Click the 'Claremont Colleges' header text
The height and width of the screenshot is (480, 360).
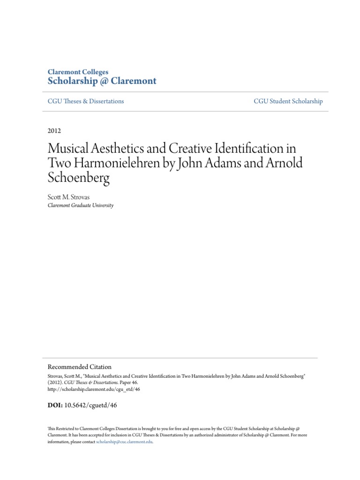pyautogui.click(x=78, y=72)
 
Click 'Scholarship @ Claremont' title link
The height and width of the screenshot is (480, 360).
pyautogui.click(x=102, y=81)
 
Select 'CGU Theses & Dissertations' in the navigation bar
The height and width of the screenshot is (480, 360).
pyautogui.click(x=86, y=101)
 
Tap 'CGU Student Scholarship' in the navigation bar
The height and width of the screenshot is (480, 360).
pyautogui.click(x=288, y=101)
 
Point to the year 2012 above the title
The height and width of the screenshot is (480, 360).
pyautogui.click(x=54, y=131)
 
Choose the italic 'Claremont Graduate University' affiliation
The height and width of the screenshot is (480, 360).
pyautogui.click(x=81, y=205)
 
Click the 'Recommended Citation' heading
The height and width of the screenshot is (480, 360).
pyautogui.click(x=80, y=367)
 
